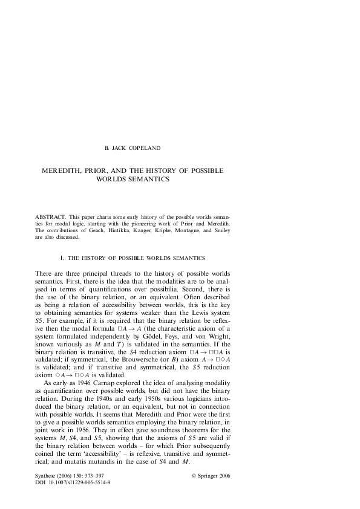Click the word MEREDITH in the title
tap(65, 171)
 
